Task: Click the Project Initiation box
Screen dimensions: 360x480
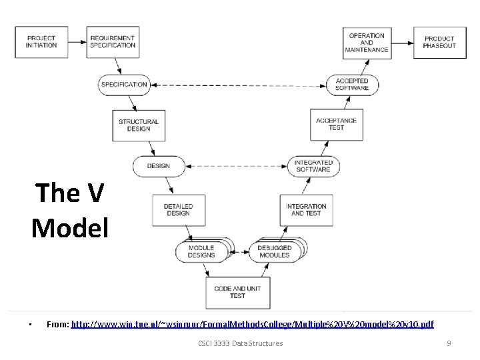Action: pyautogui.click(x=41, y=42)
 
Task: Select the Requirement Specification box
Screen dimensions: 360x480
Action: pyautogui.click(x=113, y=42)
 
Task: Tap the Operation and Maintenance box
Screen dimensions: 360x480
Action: pyautogui.click(x=367, y=42)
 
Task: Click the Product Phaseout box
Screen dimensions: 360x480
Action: pyautogui.click(x=439, y=42)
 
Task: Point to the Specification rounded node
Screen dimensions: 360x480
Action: pyautogui.click(x=124, y=85)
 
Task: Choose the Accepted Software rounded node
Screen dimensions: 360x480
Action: pyautogui.click(x=352, y=85)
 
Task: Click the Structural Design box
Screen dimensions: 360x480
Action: pyautogui.click(x=139, y=125)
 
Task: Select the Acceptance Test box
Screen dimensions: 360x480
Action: pyautogui.click(x=337, y=125)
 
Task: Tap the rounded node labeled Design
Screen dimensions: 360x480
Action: pyautogui.click(x=159, y=166)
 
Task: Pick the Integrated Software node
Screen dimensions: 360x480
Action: pyautogui.click(x=313, y=166)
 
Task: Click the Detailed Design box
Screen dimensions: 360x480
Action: pyautogui.click(x=178, y=210)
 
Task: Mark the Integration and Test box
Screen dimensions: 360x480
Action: pyautogui.click(x=306, y=210)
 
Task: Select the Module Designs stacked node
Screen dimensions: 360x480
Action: pyautogui.click(x=201, y=251)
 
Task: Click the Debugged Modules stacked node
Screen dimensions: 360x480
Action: pyautogui.click(x=275, y=251)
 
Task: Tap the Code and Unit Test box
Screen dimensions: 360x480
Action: pyautogui.click(x=237, y=292)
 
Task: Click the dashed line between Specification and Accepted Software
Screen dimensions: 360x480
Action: pyautogui.click(x=238, y=85)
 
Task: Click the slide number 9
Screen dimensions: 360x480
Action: pyautogui.click(x=449, y=343)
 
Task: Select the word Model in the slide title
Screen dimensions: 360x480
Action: pyautogui.click(x=69, y=228)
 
